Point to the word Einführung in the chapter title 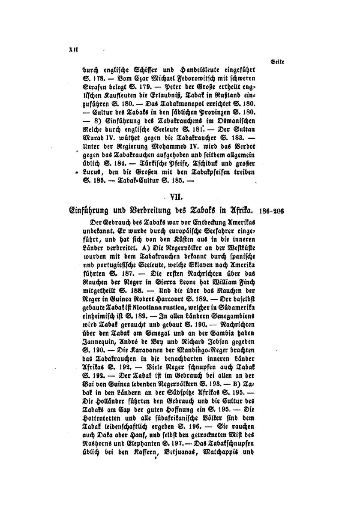coord(90,211)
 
